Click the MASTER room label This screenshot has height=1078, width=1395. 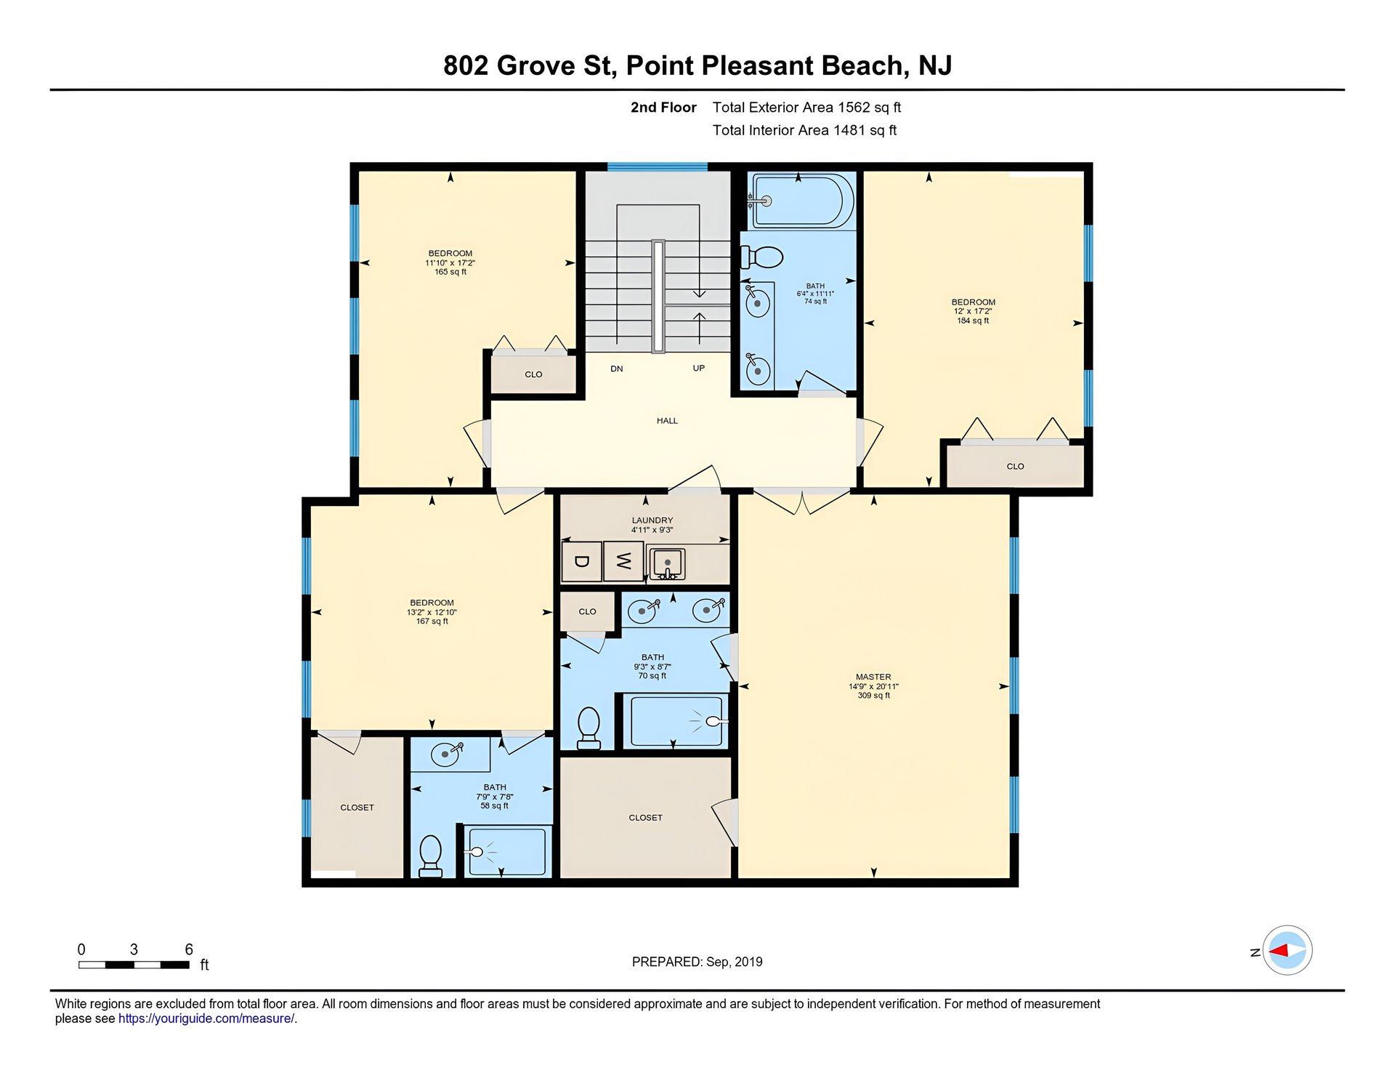point(873,677)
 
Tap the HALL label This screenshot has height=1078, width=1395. point(667,421)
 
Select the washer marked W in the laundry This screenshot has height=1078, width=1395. point(623,561)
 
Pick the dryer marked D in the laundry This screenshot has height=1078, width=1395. point(581,561)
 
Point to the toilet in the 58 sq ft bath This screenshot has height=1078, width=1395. point(431,856)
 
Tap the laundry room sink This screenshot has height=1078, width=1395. point(667,564)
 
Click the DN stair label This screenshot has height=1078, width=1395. point(617,369)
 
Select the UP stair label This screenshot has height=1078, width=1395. point(699,368)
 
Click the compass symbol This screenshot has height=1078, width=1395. point(1287,950)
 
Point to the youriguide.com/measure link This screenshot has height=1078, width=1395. point(206,1018)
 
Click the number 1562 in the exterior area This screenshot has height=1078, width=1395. point(854,108)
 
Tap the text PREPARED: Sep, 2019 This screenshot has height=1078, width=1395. point(697,962)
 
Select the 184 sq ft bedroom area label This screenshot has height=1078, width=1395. point(973,321)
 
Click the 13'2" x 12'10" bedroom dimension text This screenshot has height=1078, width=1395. point(432,612)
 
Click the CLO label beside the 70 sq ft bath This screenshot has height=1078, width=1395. point(587,611)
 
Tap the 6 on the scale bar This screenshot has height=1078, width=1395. point(189,949)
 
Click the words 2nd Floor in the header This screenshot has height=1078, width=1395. point(663,108)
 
